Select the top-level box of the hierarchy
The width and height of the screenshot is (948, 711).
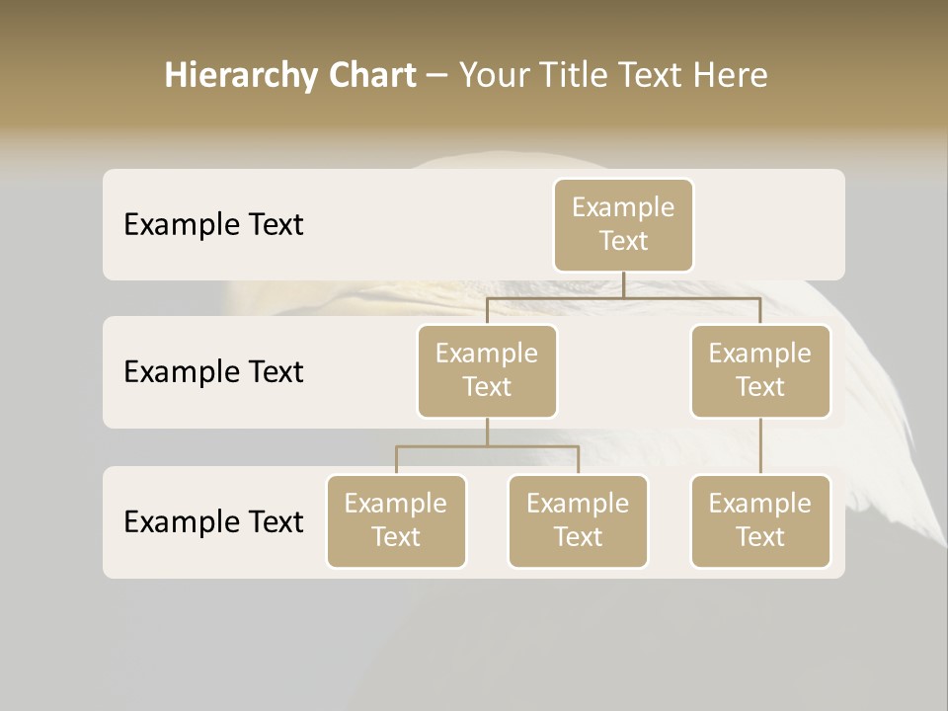(x=623, y=225)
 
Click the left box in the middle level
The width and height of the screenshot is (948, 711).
(x=487, y=371)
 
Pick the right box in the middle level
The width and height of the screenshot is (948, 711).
(x=760, y=371)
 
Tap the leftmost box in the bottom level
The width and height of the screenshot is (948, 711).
(x=396, y=521)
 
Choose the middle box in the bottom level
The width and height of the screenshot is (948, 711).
(x=578, y=521)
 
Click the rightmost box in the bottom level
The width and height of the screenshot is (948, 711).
(x=760, y=521)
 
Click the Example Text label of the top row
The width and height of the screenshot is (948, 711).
(x=213, y=225)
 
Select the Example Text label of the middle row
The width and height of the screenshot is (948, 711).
(x=213, y=372)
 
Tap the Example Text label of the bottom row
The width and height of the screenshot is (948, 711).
(x=213, y=522)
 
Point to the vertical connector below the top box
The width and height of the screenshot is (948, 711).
(x=623, y=284)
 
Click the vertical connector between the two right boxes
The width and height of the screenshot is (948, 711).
(x=760, y=446)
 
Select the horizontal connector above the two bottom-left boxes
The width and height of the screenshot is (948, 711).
(x=487, y=446)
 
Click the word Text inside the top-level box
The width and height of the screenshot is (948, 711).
(x=623, y=241)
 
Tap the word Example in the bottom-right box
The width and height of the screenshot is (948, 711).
(x=760, y=504)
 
